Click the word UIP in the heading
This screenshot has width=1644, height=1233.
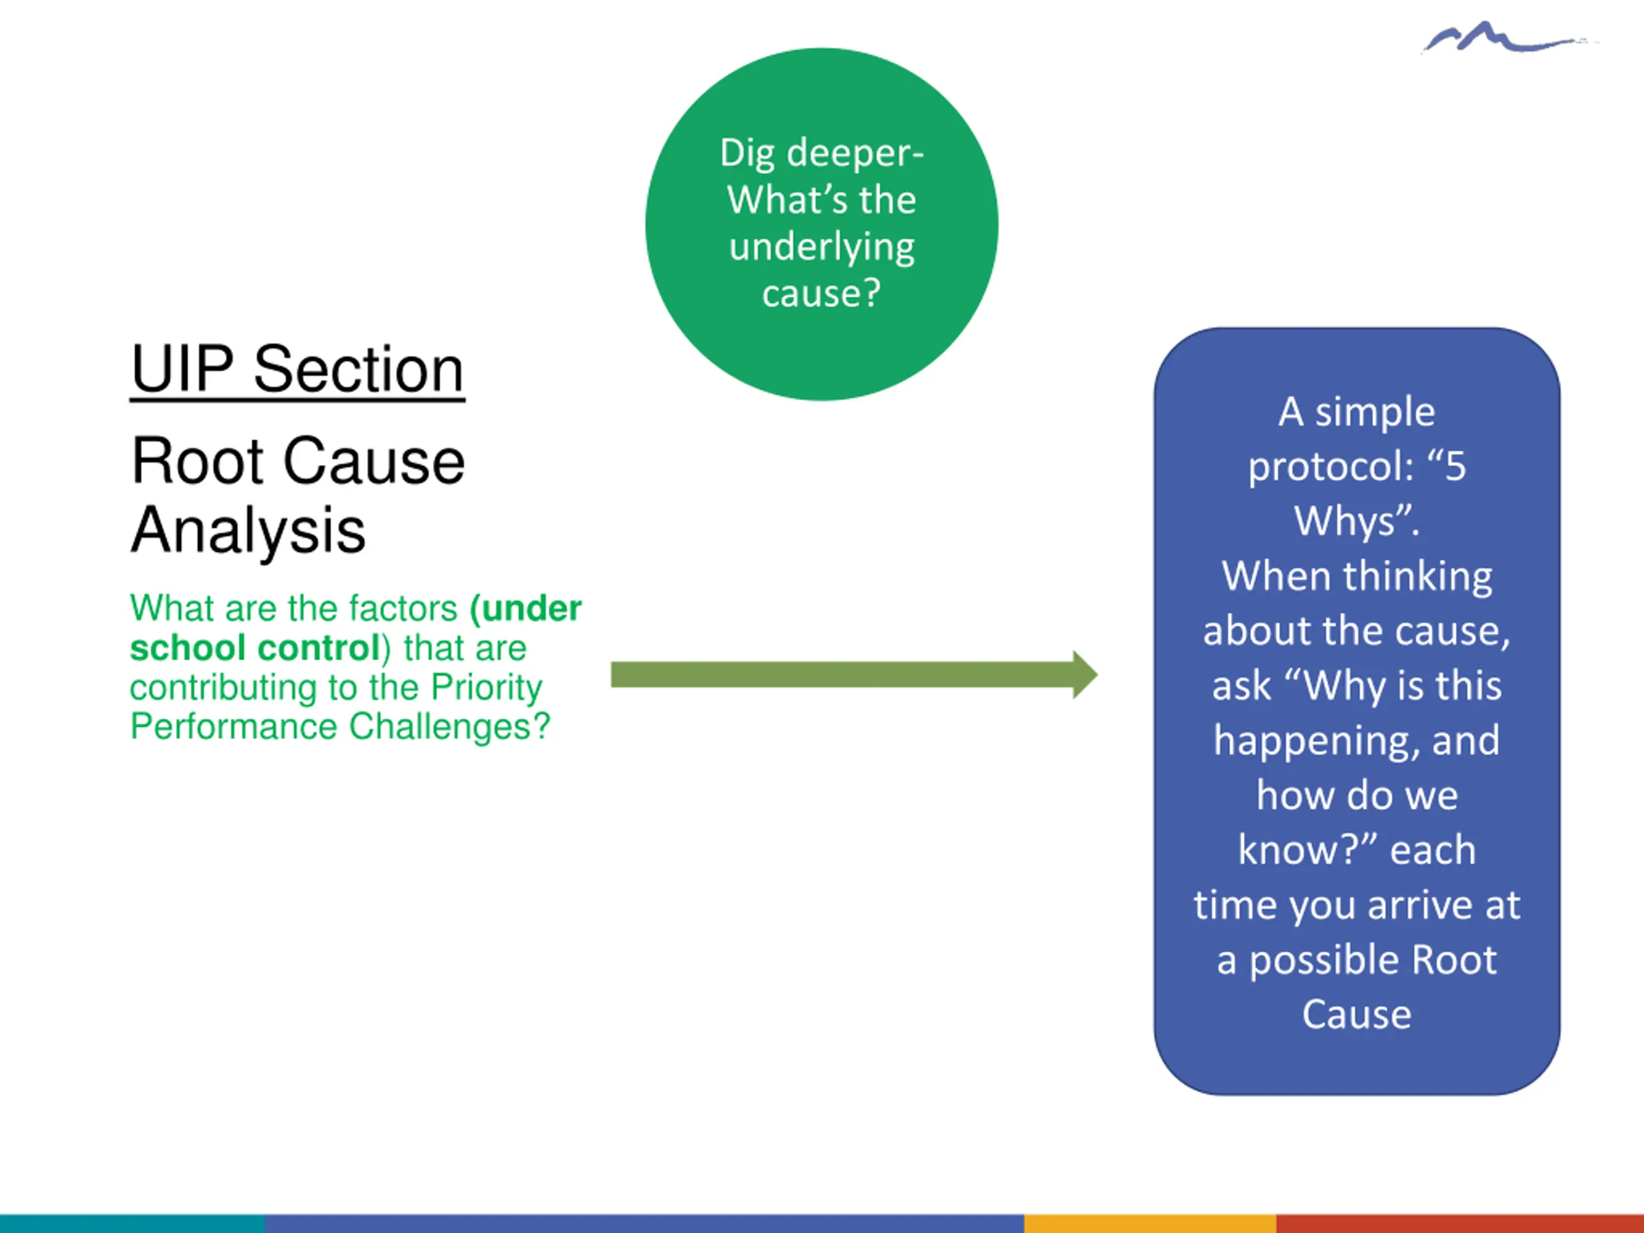(x=182, y=369)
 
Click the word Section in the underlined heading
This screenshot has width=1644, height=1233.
(x=358, y=369)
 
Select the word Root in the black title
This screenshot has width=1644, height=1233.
(x=198, y=461)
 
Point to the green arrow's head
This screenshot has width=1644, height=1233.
(x=1085, y=674)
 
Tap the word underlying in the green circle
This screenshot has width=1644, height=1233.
(x=821, y=247)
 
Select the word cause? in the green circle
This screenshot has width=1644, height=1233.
(x=821, y=293)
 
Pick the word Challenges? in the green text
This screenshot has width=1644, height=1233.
(x=449, y=726)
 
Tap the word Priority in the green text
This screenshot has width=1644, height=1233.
(x=486, y=686)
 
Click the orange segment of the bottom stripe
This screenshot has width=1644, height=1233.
(x=1150, y=1223)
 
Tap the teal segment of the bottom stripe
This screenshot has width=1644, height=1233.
(x=132, y=1223)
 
